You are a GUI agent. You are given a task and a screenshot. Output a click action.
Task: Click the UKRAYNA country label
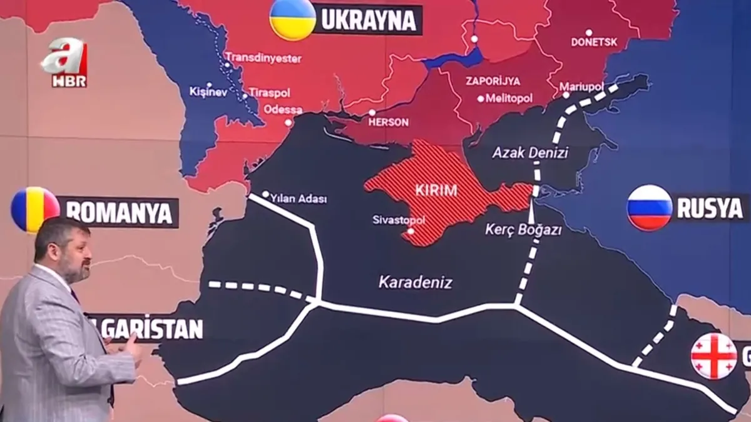368,20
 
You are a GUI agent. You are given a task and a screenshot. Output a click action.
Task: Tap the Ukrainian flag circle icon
292,19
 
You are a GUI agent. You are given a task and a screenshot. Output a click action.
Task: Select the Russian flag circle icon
650,208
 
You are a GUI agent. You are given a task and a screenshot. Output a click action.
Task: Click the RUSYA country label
710,208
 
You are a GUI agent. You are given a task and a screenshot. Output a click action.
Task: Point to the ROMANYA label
118,213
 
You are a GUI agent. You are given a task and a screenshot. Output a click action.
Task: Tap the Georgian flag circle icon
713,356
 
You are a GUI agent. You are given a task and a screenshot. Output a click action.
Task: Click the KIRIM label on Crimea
436,191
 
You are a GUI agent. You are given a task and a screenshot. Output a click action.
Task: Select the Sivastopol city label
399,220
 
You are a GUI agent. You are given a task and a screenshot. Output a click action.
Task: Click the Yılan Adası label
298,199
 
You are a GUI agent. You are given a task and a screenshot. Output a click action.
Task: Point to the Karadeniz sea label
415,282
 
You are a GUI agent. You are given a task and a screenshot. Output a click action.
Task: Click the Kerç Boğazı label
514,229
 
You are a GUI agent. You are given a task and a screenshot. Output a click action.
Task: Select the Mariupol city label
581,86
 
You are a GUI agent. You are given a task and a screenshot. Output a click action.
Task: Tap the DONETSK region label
594,42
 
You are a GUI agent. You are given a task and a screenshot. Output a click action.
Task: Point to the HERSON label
388,122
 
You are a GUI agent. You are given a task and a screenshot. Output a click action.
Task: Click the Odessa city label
283,109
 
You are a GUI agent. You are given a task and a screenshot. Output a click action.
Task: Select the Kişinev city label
208,91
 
